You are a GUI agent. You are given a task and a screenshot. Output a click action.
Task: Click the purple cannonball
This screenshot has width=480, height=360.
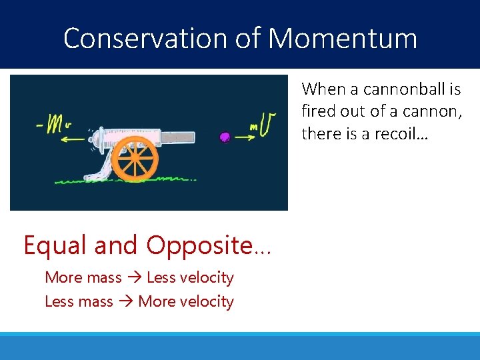coord(225,137)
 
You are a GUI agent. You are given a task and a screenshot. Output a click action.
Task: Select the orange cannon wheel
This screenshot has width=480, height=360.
coord(135,158)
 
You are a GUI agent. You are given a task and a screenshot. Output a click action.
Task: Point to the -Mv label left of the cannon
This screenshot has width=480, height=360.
coord(55,126)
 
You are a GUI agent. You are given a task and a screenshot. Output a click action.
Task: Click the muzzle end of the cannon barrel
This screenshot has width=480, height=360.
coord(191,137)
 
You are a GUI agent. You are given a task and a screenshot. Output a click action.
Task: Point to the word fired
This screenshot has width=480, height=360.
coord(318,111)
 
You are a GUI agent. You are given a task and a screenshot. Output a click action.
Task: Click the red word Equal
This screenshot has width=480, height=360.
coord(56,245)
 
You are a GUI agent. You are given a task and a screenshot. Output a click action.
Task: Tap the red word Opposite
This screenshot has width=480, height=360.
coord(199,245)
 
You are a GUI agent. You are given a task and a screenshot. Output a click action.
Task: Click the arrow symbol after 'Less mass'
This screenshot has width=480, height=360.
coord(125,301)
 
